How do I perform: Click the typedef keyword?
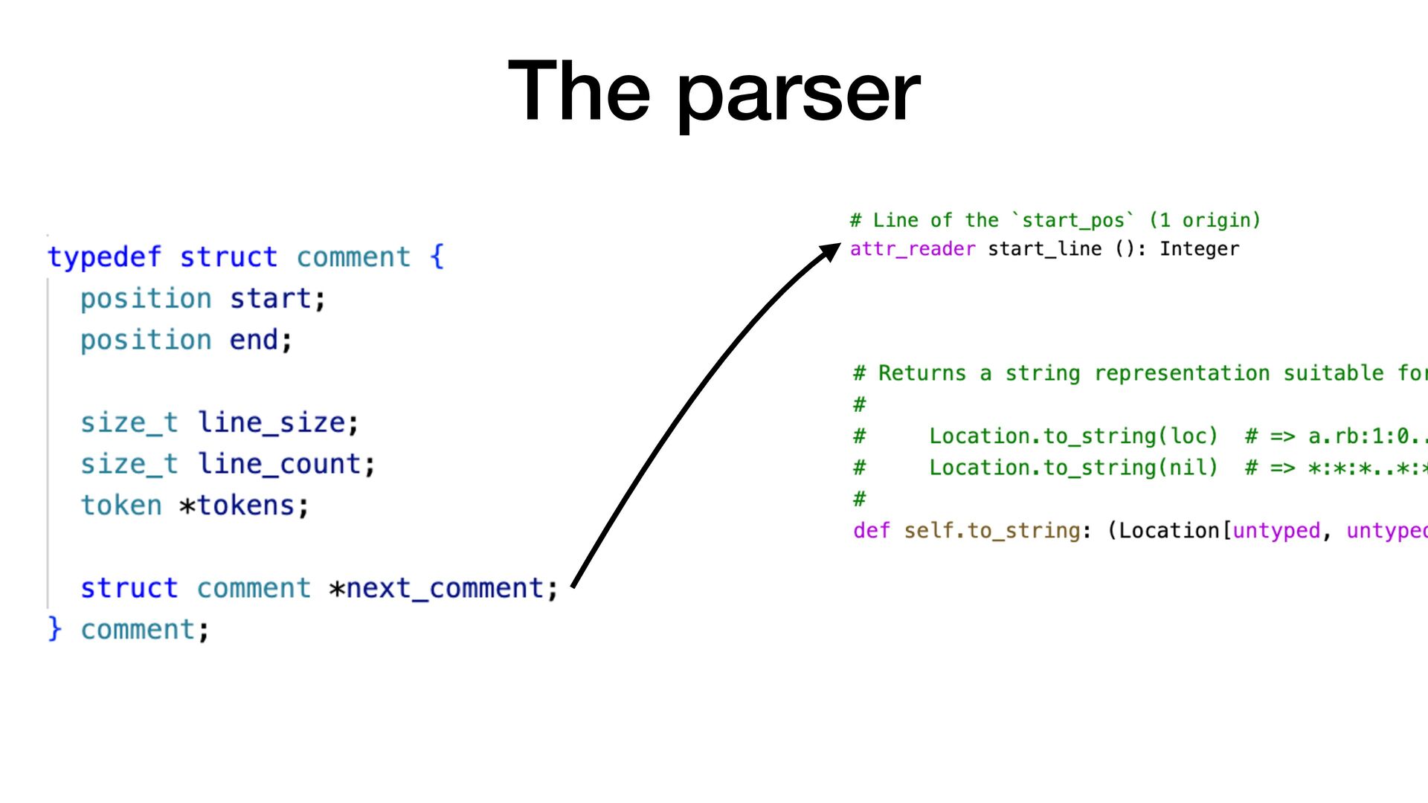[x=104, y=257]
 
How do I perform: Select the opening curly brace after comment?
[x=437, y=257]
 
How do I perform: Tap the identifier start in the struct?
[x=270, y=299]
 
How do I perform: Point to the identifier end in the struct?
[x=254, y=341]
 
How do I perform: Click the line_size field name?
[x=271, y=423]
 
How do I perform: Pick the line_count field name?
[x=279, y=465]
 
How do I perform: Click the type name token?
[x=120, y=506]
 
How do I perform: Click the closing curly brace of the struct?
[x=54, y=629]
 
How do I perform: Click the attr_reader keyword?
[x=912, y=249]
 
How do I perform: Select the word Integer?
[x=1199, y=249]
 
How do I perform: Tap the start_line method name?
[x=1044, y=249]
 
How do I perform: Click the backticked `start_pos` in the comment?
[x=1073, y=221]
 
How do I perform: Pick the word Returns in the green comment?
[x=922, y=373]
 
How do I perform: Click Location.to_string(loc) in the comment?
[x=1072, y=436]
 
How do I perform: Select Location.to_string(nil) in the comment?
[x=1072, y=468]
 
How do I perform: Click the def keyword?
[x=871, y=531]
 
